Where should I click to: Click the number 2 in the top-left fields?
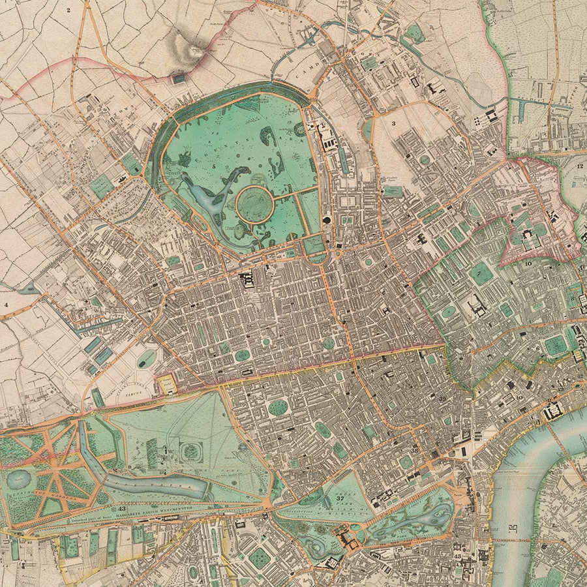tap(67, 10)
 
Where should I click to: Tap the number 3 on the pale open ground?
tap(393, 122)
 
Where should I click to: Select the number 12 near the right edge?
tap(579, 166)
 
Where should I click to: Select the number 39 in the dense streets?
tap(443, 399)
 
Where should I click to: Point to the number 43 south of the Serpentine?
tap(121, 509)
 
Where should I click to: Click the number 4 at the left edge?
tap(6, 305)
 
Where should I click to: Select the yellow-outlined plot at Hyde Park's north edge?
tap(167, 384)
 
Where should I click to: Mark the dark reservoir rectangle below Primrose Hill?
tap(178, 78)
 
